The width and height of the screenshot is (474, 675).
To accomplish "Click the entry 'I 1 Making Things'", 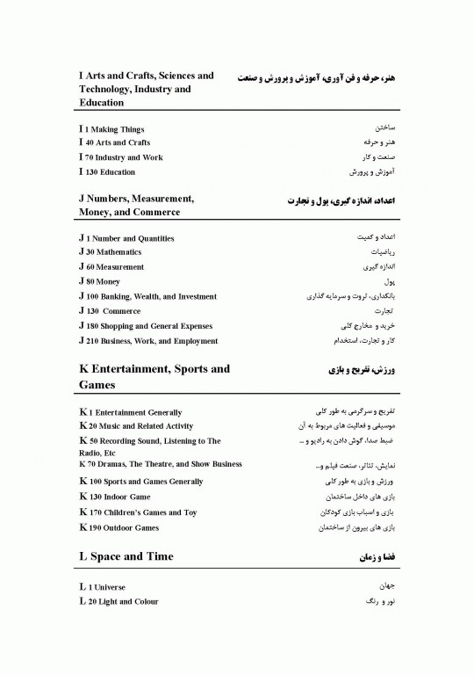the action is pyautogui.click(x=111, y=129).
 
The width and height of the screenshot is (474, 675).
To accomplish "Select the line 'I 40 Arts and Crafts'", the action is pyautogui.click(x=114, y=142).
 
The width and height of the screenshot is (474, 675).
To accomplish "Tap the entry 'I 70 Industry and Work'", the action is pyautogui.click(x=120, y=157).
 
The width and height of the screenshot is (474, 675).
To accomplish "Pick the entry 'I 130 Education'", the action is pyautogui.click(x=107, y=172).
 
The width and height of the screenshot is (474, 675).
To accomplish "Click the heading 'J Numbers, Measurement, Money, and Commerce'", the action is pyautogui.click(x=136, y=206).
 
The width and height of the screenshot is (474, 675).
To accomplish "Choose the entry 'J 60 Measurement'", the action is pyautogui.click(x=111, y=266).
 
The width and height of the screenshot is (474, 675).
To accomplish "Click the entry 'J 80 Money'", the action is pyautogui.click(x=99, y=281).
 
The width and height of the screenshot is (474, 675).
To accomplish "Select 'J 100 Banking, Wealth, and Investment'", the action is pyautogui.click(x=147, y=296).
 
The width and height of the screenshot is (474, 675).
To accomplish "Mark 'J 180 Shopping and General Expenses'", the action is pyautogui.click(x=145, y=326).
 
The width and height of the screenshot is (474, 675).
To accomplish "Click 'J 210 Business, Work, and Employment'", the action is pyautogui.click(x=148, y=341).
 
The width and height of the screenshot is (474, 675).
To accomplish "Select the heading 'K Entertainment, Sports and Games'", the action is pyautogui.click(x=154, y=377).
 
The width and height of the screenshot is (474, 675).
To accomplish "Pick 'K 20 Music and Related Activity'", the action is pyautogui.click(x=135, y=426).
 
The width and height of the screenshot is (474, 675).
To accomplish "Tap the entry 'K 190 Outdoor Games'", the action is pyautogui.click(x=118, y=527).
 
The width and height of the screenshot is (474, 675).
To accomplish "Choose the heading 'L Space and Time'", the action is pyautogui.click(x=126, y=556).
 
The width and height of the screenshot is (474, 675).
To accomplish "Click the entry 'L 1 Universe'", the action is pyautogui.click(x=102, y=586).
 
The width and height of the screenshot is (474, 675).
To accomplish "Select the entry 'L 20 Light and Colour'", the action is pyautogui.click(x=118, y=601).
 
